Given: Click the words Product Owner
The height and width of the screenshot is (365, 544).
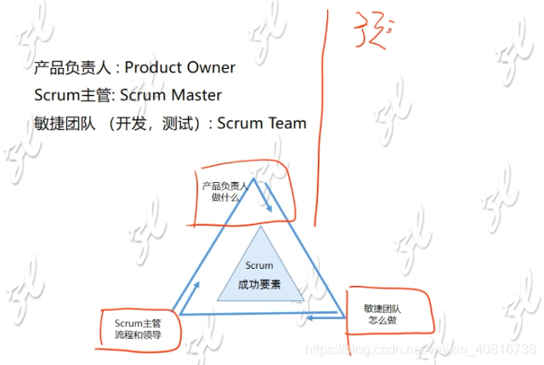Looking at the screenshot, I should (183, 67).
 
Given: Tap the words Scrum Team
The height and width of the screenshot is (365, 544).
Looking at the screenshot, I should (262, 123).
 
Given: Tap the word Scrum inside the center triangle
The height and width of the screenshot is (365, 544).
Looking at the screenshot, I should (259, 265).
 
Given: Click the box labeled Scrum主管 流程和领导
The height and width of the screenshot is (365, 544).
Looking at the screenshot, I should (138, 328).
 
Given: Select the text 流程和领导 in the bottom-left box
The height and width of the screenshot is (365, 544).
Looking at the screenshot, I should (138, 334).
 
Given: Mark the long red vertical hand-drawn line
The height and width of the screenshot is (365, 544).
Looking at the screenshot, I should (321, 119).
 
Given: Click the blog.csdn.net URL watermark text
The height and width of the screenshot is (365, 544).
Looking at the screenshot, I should (420, 350).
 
